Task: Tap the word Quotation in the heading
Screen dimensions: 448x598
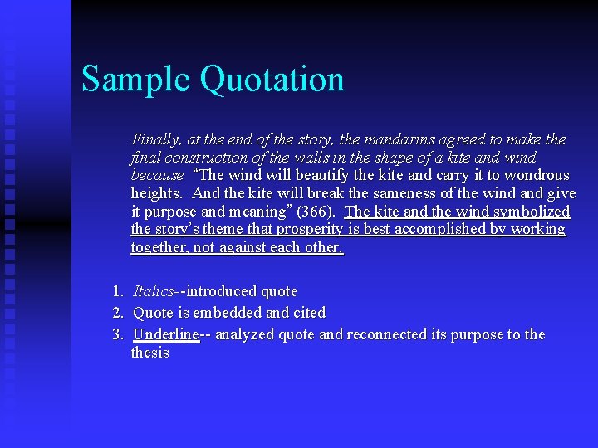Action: coord(272,79)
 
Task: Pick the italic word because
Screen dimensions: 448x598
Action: coord(157,175)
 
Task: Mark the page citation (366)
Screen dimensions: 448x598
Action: coord(317,212)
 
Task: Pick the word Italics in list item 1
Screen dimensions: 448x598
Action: coord(154,291)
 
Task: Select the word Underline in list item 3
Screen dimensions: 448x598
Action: coord(166,334)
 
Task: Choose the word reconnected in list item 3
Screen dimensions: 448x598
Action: coord(389,334)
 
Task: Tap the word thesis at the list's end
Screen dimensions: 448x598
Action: coord(149,353)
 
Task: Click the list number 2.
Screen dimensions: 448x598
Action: coord(117,313)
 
